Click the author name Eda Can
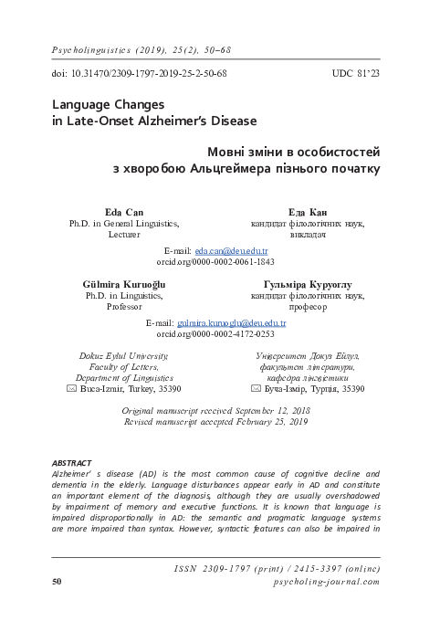pos(124,212)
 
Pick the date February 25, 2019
pos(267,424)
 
